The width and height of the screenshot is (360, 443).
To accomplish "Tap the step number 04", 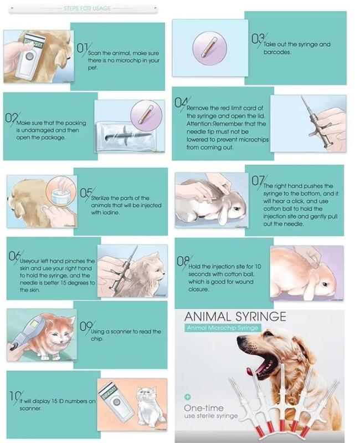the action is pos(181,103).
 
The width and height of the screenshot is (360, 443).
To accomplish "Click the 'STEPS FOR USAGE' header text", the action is pos(87,8).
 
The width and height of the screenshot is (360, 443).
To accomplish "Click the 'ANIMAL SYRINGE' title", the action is pos(235,317).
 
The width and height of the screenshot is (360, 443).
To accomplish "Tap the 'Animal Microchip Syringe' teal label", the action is pos(223,328).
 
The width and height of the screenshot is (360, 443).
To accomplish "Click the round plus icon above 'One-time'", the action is pos(188,396).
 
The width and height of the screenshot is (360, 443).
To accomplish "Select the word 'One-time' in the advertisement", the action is pos(204,408).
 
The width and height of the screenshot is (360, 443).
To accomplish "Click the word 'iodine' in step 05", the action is pos(112,212).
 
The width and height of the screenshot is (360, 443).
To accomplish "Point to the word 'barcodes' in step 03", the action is pos(277,52).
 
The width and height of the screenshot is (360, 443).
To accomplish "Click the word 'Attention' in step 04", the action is pos(199,124).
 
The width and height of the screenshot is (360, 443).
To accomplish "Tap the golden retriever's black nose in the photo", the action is pos(241,338).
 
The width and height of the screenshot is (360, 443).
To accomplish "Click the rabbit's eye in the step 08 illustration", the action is pos(325,284).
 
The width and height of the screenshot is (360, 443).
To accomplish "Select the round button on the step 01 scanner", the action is pos(29,56).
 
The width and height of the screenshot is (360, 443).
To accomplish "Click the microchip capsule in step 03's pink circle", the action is pos(209,46).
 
